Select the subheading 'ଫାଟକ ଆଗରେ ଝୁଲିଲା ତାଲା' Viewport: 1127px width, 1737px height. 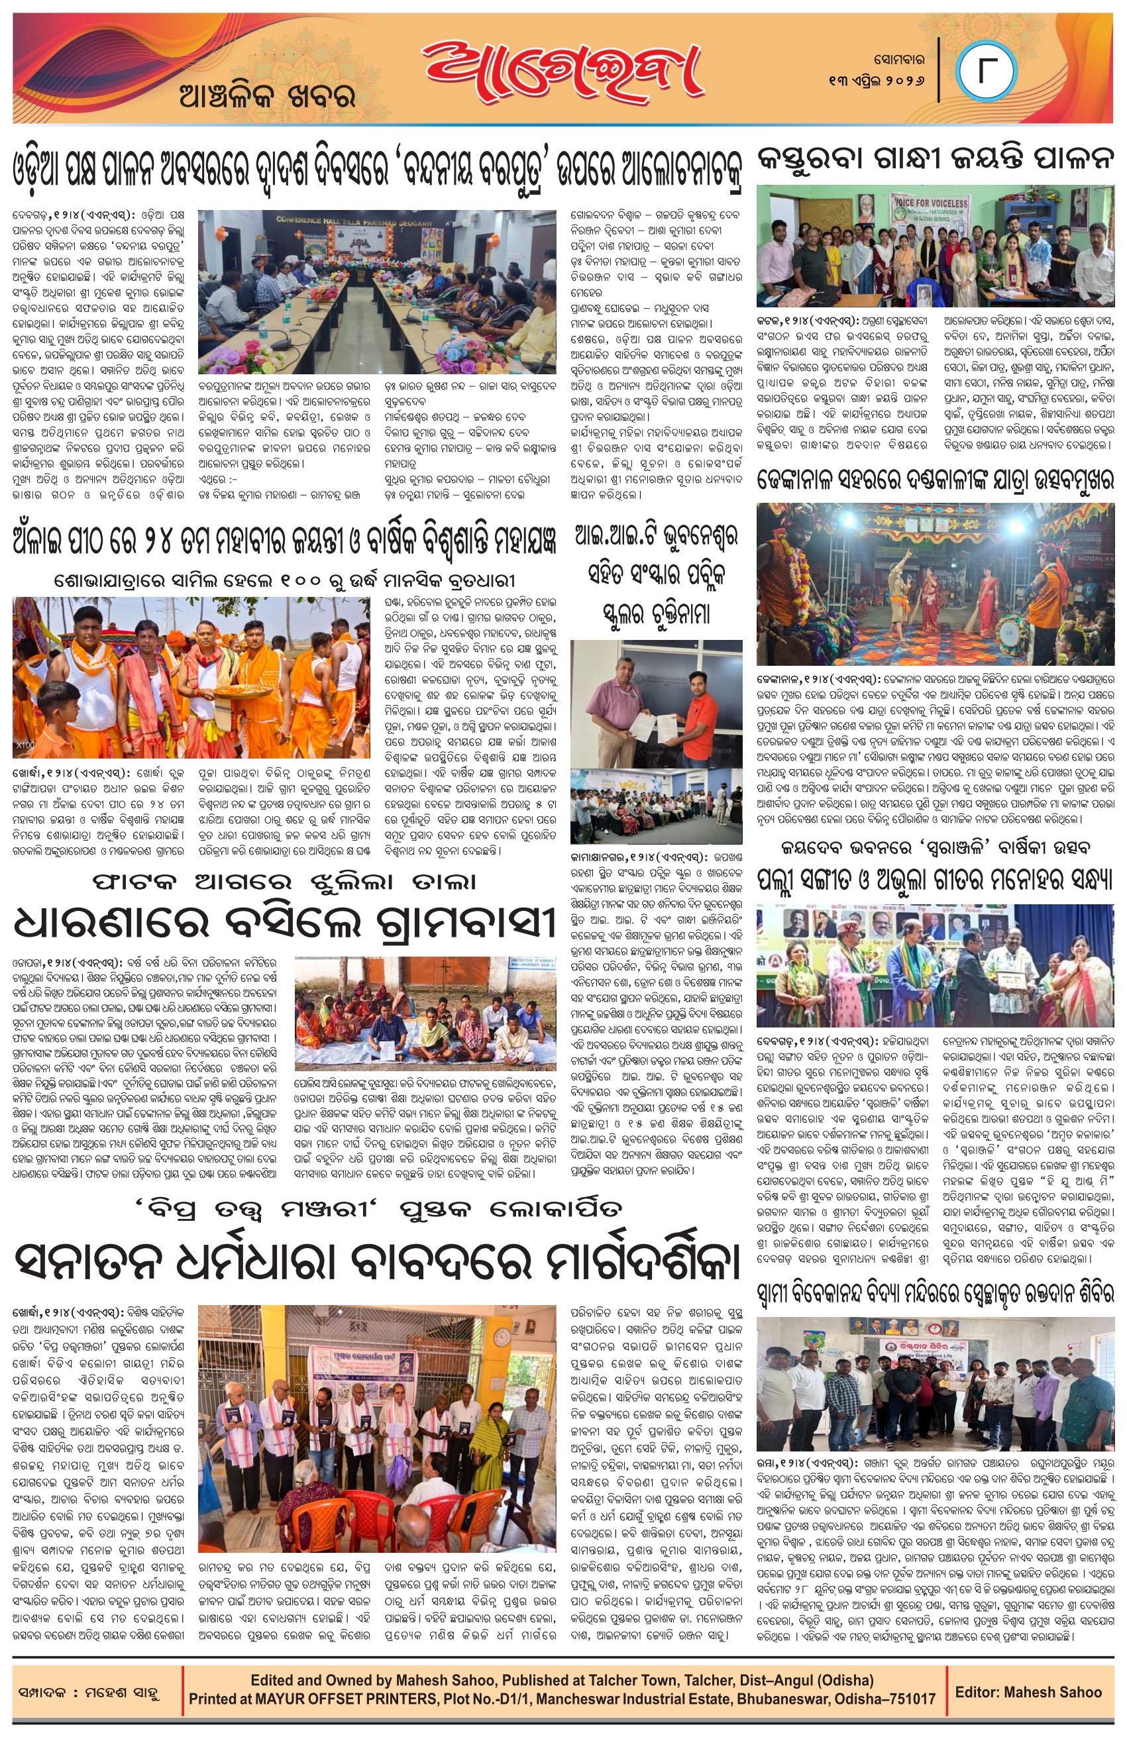click(x=285, y=882)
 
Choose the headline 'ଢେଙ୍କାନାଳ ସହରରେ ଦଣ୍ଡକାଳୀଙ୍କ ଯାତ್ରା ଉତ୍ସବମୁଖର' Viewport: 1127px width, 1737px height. click(x=935, y=480)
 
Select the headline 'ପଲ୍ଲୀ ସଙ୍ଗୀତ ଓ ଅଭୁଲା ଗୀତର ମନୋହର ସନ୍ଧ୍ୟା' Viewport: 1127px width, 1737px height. click(x=935, y=881)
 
